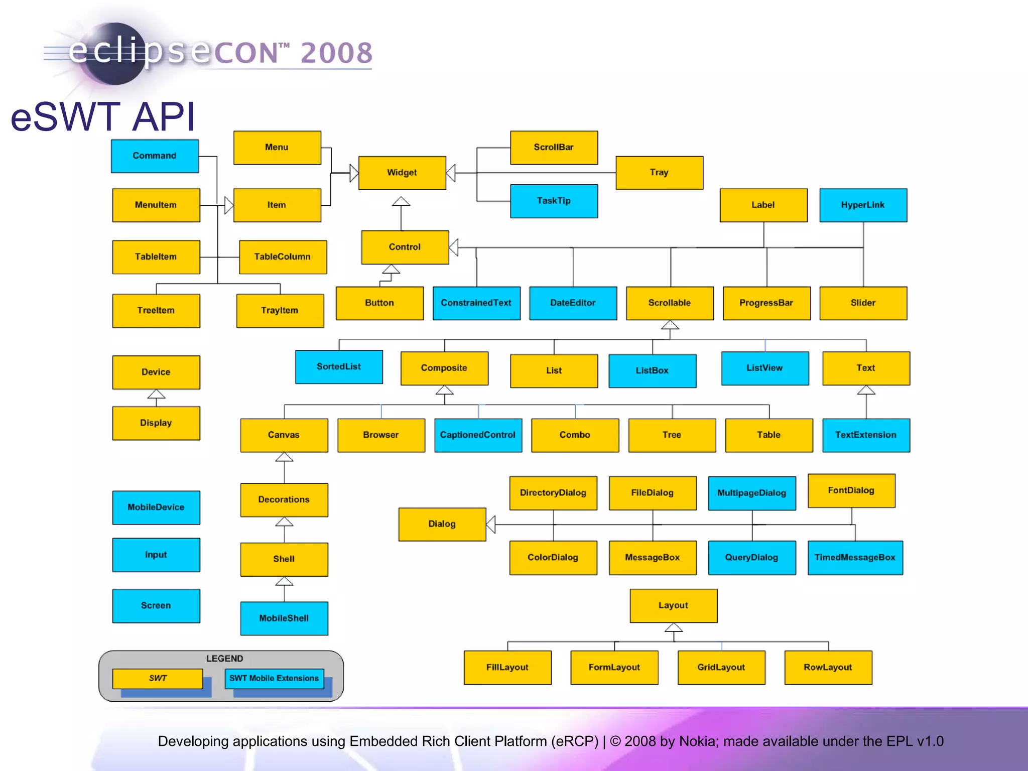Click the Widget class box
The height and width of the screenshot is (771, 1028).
click(x=402, y=173)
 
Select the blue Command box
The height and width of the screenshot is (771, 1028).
click(x=155, y=156)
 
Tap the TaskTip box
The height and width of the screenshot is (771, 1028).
click(x=554, y=201)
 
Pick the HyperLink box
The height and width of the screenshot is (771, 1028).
click(x=863, y=205)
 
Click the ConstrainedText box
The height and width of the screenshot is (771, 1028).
click(x=476, y=303)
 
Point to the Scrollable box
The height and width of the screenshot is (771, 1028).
click(x=670, y=303)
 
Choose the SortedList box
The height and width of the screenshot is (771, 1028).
click(x=339, y=366)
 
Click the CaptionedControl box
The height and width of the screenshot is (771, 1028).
click(x=478, y=435)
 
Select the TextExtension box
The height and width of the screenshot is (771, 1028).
click(x=866, y=435)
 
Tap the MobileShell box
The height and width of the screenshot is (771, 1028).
click(x=284, y=618)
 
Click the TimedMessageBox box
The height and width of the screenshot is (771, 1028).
click(x=855, y=557)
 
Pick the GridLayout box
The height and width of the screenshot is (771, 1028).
click(x=721, y=667)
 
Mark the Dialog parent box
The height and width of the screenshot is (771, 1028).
click(x=442, y=524)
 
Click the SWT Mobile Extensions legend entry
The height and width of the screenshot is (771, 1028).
click(x=274, y=678)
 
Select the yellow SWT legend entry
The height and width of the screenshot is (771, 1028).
click(x=158, y=678)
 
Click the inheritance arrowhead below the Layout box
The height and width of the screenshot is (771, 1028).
click(x=674, y=627)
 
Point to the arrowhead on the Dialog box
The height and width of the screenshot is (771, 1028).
click(x=491, y=524)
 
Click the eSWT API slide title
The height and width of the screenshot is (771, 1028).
click(x=103, y=117)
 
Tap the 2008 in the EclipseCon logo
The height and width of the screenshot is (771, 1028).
click(x=336, y=53)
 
